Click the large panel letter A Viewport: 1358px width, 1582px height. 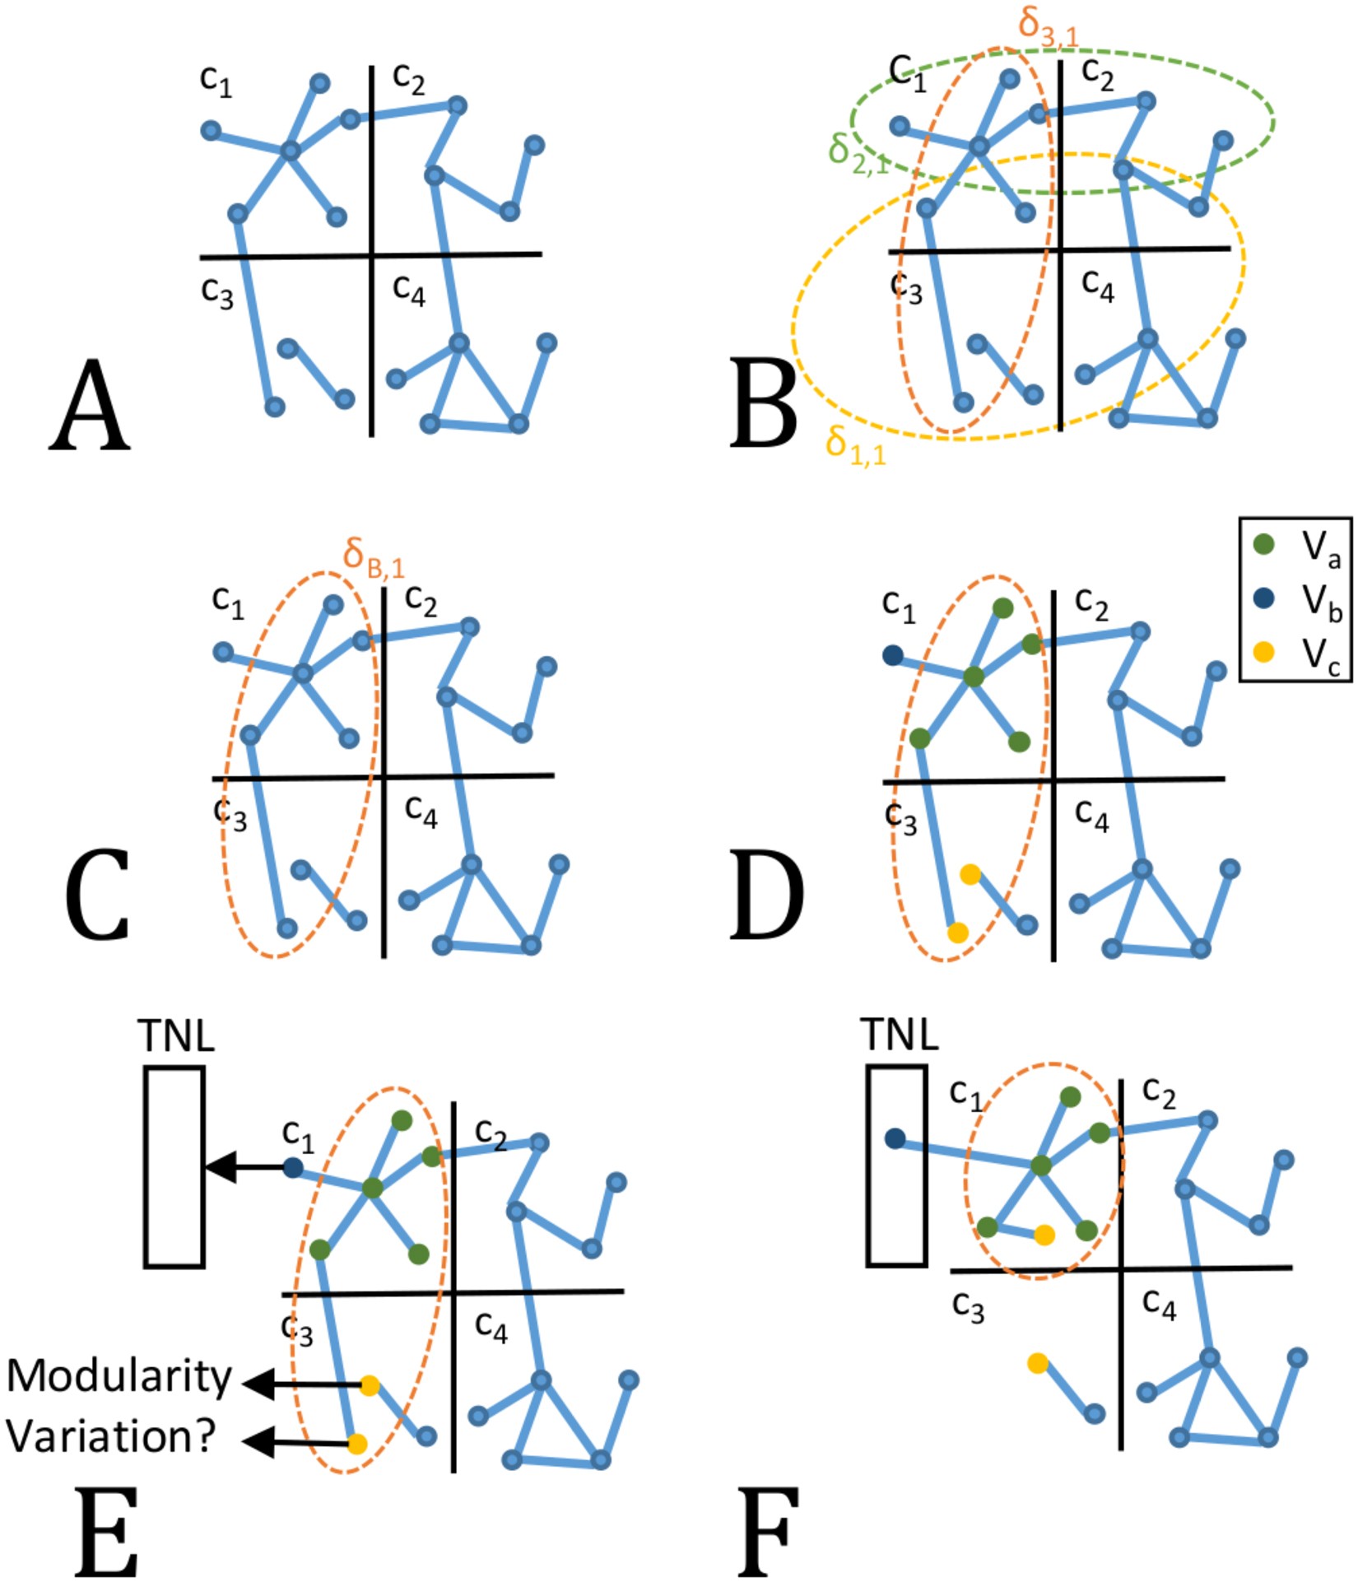(89, 407)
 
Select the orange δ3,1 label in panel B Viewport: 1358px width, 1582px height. (1047, 26)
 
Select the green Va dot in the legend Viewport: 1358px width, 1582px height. (1263, 544)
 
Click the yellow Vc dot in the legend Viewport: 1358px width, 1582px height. (1263, 653)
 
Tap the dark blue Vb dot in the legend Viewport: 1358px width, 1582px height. (1263, 598)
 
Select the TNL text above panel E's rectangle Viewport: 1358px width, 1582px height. (177, 1036)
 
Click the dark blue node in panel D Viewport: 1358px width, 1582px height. (893, 656)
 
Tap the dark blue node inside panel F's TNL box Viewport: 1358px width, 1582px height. (895, 1139)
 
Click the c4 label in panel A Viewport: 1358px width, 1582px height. (409, 290)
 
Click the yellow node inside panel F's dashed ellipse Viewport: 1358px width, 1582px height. (1044, 1235)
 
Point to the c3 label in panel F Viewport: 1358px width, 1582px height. (968, 1306)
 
